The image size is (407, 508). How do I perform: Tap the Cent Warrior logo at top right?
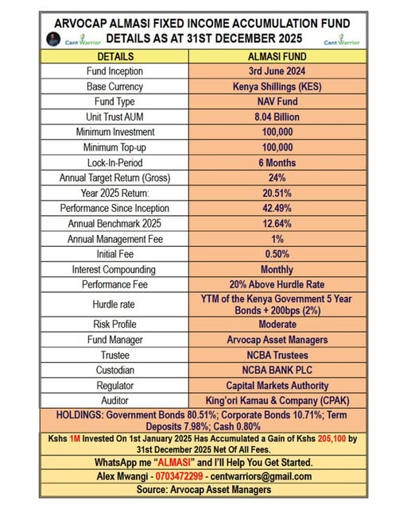point(338,39)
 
